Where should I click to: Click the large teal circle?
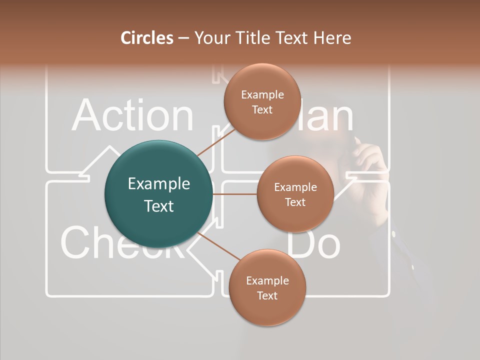tap(159, 194)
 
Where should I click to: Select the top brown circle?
tap(261, 102)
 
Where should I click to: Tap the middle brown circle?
tap(295, 194)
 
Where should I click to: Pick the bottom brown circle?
tap(267, 288)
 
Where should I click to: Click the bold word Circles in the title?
tap(147, 38)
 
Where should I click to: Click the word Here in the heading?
tap(332, 38)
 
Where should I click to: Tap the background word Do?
tap(314, 244)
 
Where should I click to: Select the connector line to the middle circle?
tap(235, 194)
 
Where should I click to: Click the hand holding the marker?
tap(367, 160)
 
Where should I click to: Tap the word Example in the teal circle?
tap(159, 184)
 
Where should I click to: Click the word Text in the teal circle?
tap(159, 206)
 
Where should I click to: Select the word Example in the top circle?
tap(262, 95)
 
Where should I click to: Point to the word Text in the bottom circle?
tap(267, 295)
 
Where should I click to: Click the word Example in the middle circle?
tap(295, 187)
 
